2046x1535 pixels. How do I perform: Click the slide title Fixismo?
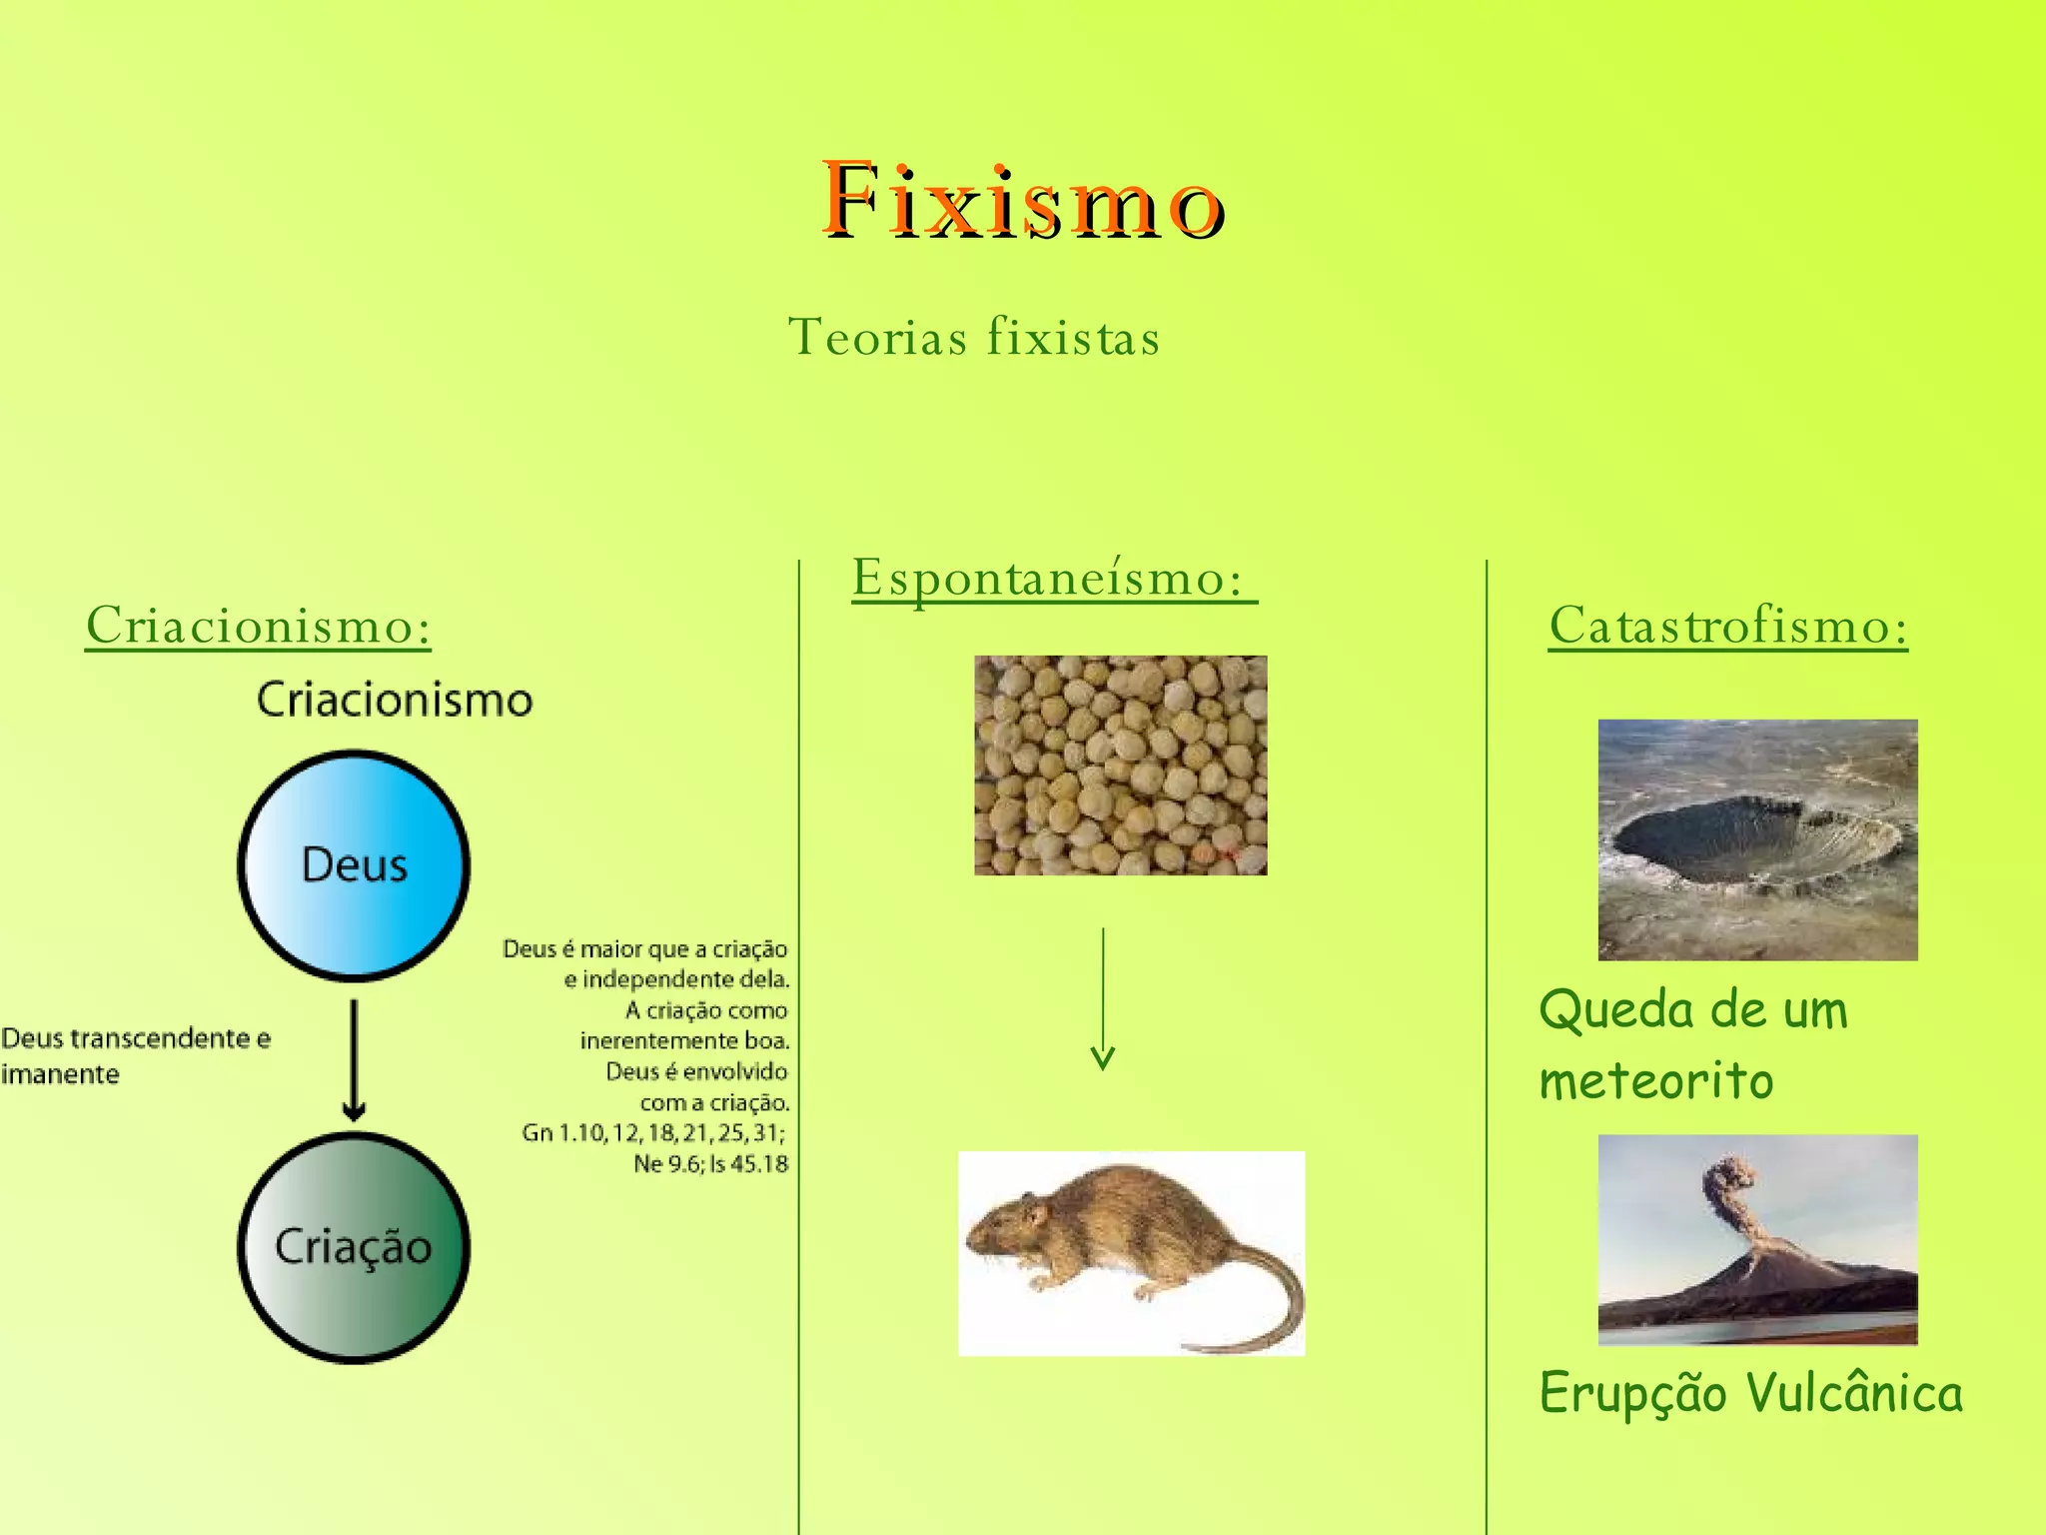click(1023, 200)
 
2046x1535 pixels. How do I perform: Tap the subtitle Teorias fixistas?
click(974, 337)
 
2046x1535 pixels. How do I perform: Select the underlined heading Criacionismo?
click(258, 627)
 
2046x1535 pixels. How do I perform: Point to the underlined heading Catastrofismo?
click(1727, 627)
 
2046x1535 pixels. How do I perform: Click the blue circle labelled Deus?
click(354, 864)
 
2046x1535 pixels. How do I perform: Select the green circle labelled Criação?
click(354, 1247)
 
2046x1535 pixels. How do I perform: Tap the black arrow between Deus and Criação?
click(354, 1059)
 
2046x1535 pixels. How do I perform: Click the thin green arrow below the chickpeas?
click(1103, 999)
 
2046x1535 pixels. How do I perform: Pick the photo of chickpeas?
click(1120, 766)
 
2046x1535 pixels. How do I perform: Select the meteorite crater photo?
click(1757, 839)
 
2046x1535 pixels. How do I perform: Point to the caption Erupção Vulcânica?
click(1750, 1393)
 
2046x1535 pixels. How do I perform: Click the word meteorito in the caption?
click(1656, 1081)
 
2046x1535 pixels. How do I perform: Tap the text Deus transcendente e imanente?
click(135, 1055)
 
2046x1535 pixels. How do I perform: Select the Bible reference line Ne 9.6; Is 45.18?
click(710, 1164)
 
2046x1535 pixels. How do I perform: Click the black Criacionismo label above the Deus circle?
click(395, 700)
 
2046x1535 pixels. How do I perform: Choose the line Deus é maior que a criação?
click(645, 948)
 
